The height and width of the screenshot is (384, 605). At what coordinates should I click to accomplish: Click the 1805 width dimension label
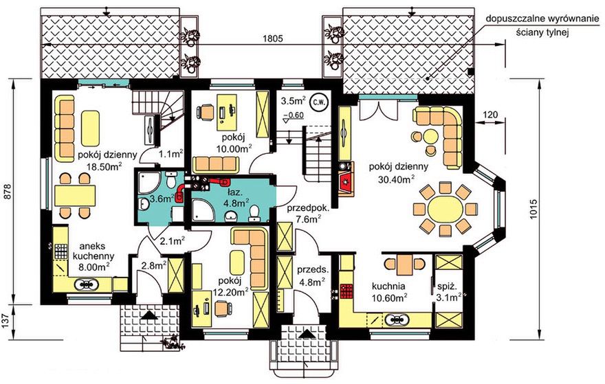pyautogui.click(x=273, y=38)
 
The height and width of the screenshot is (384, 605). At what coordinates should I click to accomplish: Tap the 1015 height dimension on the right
pyautogui.click(x=533, y=210)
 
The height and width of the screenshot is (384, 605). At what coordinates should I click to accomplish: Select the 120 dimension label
pyautogui.click(x=489, y=115)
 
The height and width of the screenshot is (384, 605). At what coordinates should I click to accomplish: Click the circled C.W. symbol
pyautogui.click(x=319, y=102)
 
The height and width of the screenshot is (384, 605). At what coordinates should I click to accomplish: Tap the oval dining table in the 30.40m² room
pyautogui.click(x=445, y=210)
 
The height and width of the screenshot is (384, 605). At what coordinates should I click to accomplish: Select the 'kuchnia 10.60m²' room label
pyautogui.click(x=388, y=292)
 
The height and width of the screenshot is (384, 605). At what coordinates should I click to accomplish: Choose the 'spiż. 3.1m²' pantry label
pyautogui.click(x=450, y=292)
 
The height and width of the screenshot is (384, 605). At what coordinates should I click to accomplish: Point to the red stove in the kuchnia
pyautogui.click(x=346, y=291)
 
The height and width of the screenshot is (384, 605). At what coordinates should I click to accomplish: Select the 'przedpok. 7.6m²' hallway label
pyautogui.click(x=307, y=214)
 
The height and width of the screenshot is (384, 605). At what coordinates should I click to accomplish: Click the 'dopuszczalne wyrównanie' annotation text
pyautogui.click(x=542, y=19)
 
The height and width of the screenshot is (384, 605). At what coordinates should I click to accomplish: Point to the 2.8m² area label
pyautogui.click(x=153, y=266)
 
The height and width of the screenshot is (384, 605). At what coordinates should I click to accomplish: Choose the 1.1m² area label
pyautogui.click(x=170, y=155)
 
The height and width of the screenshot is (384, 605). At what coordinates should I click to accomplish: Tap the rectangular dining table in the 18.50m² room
pyautogui.click(x=75, y=196)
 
